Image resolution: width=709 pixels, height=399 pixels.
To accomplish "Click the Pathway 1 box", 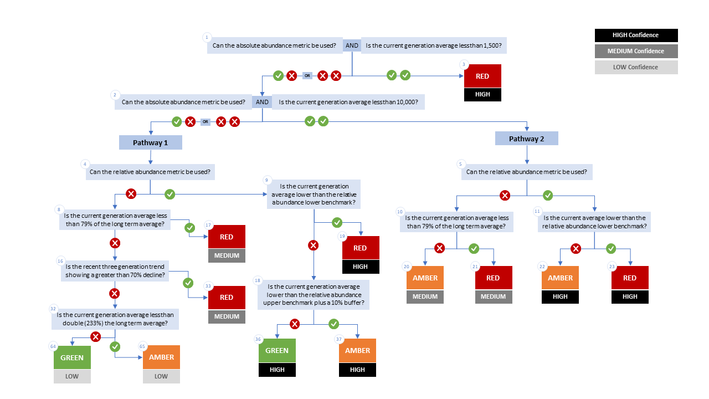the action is pos(150,142).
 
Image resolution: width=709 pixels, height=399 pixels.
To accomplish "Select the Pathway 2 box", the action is pos(526,139).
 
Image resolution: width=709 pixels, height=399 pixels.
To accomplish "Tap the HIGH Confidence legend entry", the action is pos(636,35).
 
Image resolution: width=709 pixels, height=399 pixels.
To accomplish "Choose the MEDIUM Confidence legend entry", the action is pos(636,51).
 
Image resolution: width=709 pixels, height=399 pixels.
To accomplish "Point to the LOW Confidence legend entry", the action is pos(636,67).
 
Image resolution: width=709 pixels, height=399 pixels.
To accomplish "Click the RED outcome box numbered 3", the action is pos(482,76).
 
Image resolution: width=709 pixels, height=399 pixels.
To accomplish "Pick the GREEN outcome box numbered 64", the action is pos(72,357).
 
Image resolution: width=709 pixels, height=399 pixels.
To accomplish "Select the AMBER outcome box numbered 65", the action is pos(161,357).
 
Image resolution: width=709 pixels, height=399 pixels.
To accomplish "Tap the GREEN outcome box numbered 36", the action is pos(277,351).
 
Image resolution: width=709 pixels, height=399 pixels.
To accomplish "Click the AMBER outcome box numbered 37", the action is pos(357,351).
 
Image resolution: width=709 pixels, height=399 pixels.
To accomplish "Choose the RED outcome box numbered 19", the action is pos(361,248).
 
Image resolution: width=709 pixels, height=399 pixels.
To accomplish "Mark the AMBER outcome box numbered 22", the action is pos(560,278).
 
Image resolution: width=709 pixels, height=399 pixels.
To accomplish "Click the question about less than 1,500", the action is pos(434,45).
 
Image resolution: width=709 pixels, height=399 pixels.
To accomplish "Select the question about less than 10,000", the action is pos(348,102).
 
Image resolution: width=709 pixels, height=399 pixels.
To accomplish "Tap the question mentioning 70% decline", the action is pos(115,271).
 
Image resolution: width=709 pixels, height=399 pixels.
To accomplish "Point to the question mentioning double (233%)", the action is pos(115,319).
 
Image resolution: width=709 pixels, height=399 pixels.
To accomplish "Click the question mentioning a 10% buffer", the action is pos(314,294).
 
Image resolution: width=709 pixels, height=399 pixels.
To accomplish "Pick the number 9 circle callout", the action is pos(266,180).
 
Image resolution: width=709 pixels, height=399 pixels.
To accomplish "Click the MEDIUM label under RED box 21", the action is pos(494,296).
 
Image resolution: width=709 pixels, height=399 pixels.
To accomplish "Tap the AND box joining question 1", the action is pos(352,45).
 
